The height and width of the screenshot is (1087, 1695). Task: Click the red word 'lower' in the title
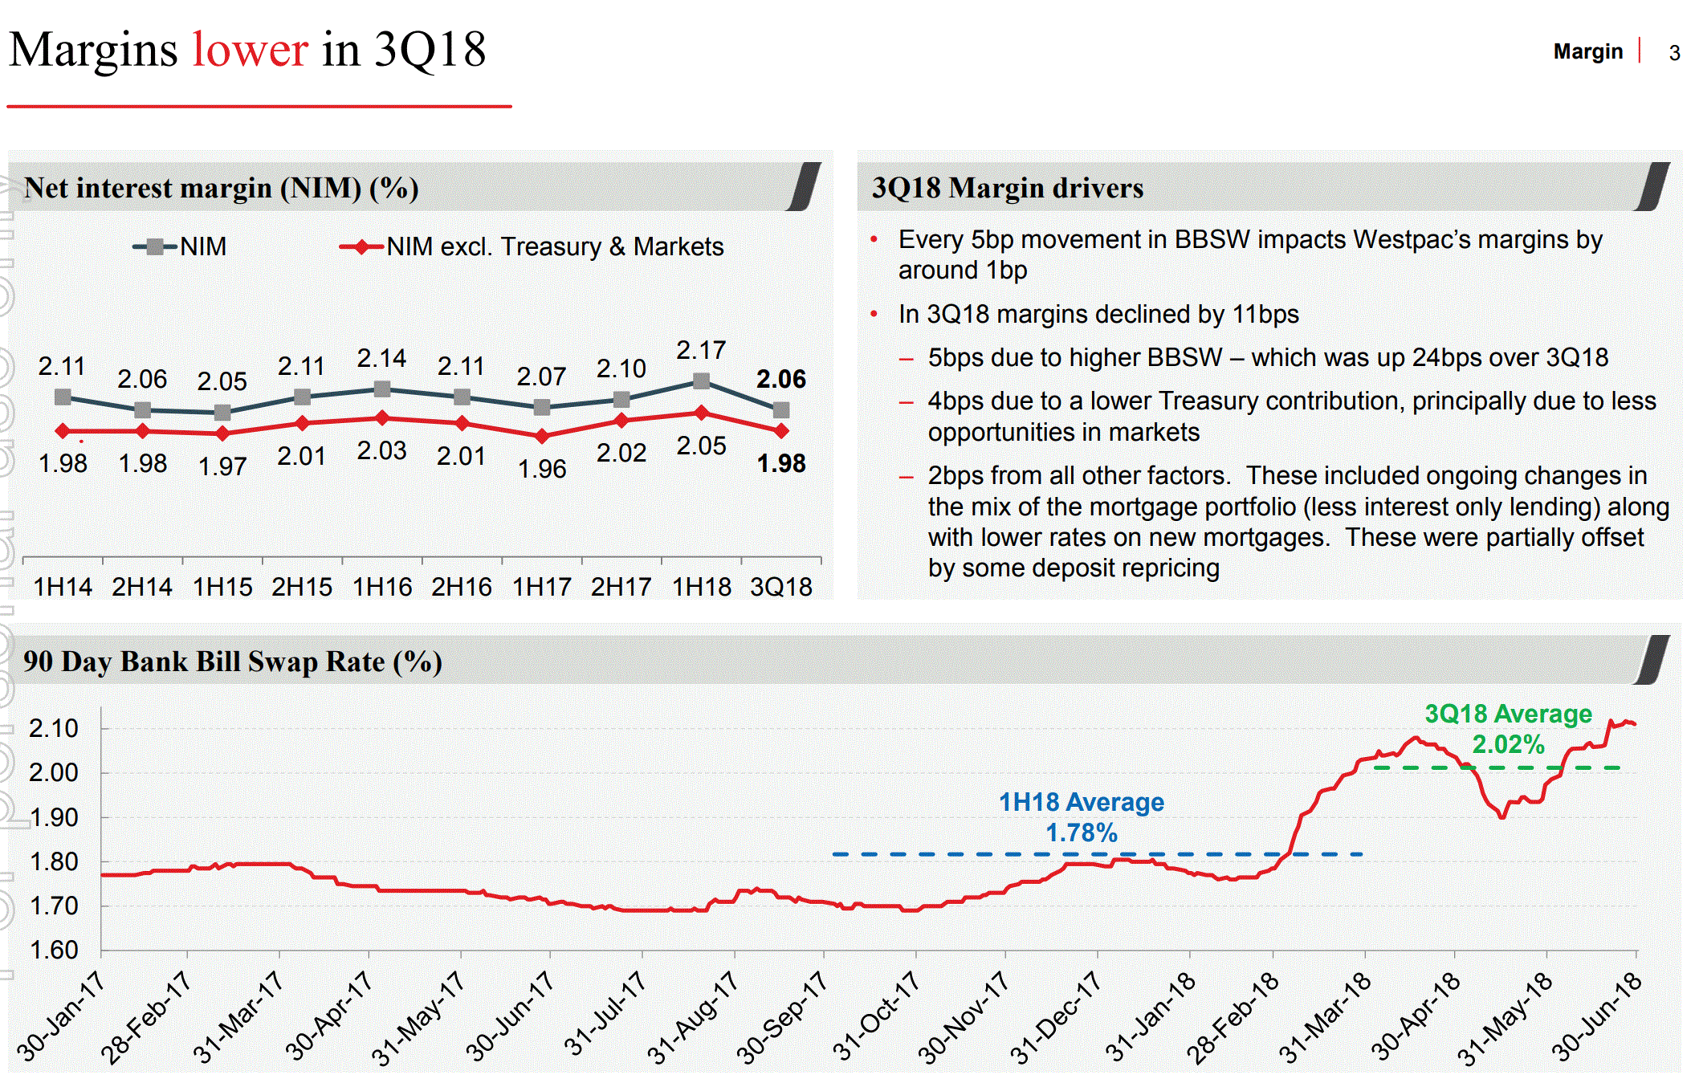pyautogui.click(x=250, y=50)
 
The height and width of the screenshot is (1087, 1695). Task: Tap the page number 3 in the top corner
pyautogui.click(x=1674, y=53)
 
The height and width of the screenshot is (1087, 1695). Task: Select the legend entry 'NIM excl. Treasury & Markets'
pyautogui.click(x=554, y=246)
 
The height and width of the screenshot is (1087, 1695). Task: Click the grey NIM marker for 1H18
pyautogui.click(x=701, y=381)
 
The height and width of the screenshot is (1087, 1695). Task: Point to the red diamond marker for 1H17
pyautogui.click(x=542, y=436)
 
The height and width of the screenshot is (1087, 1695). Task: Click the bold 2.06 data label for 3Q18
pyautogui.click(x=780, y=379)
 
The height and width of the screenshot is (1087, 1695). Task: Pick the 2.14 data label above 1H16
pyautogui.click(x=381, y=358)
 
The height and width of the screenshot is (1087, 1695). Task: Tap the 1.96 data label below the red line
pyautogui.click(x=542, y=469)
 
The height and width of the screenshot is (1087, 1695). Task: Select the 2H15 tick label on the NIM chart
pyautogui.click(x=302, y=587)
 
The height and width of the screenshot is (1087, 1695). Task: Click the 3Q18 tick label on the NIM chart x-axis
pyautogui.click(x=780, y=587)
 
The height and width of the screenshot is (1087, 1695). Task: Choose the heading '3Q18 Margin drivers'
pyautogui.click(x=1007, y=188)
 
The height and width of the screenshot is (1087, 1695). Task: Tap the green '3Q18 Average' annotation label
pyautogui.click(x=1507, y=714)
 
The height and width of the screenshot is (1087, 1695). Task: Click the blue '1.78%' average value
pyautogui.click(x=1081, y=833)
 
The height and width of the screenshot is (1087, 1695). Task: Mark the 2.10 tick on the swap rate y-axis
pyautogui.click(x=54, y=729)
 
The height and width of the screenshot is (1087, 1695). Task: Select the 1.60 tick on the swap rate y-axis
pyautogui.click(x=54, y=951)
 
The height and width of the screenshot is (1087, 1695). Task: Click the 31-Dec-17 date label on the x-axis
pyautogui.click(x=1055, y=1017)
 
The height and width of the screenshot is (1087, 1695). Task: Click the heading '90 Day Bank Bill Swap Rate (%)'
pyautogui.click(x=233, y=662)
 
